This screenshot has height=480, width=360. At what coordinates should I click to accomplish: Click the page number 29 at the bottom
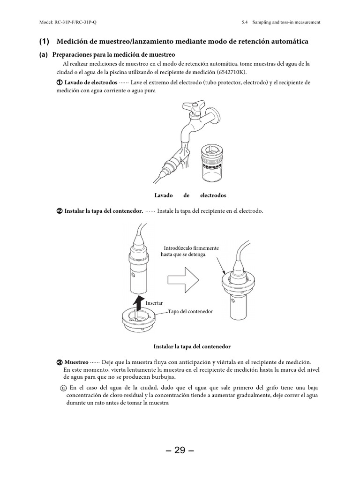point(180,451)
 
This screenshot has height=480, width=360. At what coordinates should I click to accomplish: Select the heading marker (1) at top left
point(44,42)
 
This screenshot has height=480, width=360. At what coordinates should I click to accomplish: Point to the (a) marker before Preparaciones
point(44,55)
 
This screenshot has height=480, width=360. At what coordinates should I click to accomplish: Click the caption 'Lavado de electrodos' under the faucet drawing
point(190,195)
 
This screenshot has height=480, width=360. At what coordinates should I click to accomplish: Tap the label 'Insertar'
point(154,303)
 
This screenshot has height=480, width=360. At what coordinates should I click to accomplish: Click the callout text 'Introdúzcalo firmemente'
point(191,248)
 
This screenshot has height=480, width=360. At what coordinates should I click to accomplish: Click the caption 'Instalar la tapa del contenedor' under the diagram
point(192,346)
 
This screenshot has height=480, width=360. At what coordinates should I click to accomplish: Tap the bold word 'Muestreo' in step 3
point(76,362)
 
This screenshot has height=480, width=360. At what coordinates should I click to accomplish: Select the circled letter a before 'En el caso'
point(64,388)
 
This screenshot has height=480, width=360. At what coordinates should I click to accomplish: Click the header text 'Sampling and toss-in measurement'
point(286,22)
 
